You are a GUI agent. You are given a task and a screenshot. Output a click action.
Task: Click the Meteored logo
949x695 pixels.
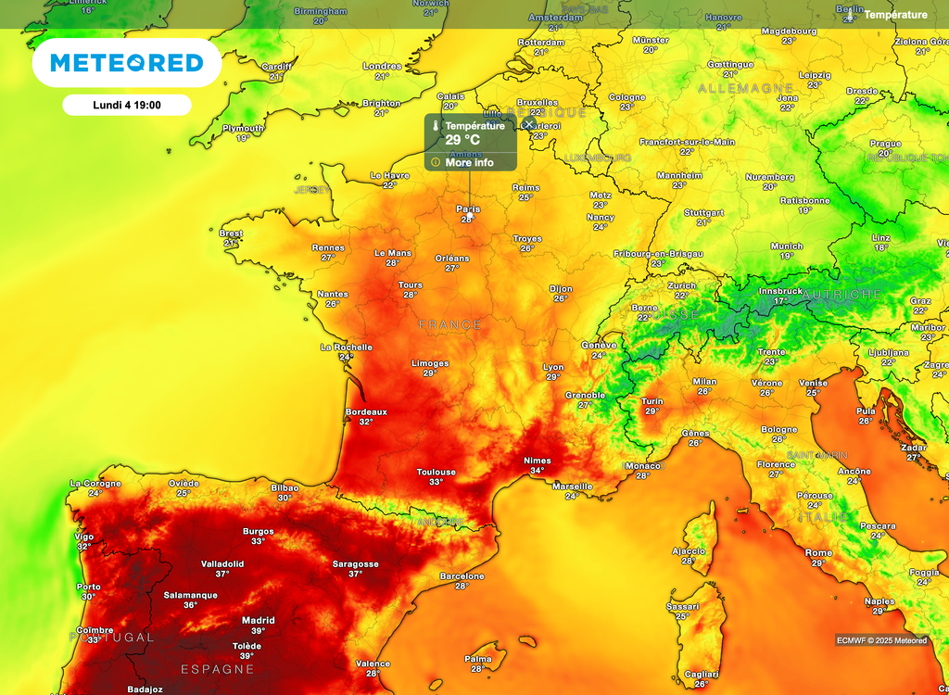coord(126,63)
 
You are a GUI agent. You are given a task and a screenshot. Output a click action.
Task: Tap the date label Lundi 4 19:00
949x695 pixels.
coord(127,105)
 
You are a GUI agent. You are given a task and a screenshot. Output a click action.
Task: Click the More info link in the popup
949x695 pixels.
coord(469,163)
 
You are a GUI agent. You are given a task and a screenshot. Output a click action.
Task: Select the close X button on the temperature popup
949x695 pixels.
coord(528,124)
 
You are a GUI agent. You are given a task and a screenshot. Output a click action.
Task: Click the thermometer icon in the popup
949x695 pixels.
coord(434,126)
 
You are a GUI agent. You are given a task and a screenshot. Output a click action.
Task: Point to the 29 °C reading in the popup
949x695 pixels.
coord(463,141)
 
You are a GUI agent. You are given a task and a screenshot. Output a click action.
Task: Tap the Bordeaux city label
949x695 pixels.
coord(366,411)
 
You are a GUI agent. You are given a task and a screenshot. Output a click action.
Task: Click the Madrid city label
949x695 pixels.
coord(258,620)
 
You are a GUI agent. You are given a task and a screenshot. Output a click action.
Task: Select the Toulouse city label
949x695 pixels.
coord(436,472)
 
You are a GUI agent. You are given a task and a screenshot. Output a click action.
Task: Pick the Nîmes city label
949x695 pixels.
coord(538,461)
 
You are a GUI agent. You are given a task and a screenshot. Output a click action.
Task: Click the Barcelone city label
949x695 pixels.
coord(462,576)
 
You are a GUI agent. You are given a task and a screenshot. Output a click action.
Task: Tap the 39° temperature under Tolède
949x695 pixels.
coord(247,656)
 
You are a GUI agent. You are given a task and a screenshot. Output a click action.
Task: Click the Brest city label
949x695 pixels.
coord(232,234)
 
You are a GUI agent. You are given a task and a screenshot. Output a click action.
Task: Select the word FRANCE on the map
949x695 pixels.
coord(450,325)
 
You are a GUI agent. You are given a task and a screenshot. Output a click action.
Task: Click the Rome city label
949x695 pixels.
coord(818,553)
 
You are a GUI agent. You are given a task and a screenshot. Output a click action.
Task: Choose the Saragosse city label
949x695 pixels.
coord(356,563)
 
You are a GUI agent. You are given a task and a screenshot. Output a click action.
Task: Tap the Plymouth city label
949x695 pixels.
coord(243,128)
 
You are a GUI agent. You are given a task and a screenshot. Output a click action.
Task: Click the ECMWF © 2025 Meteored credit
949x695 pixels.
coord(881,640)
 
